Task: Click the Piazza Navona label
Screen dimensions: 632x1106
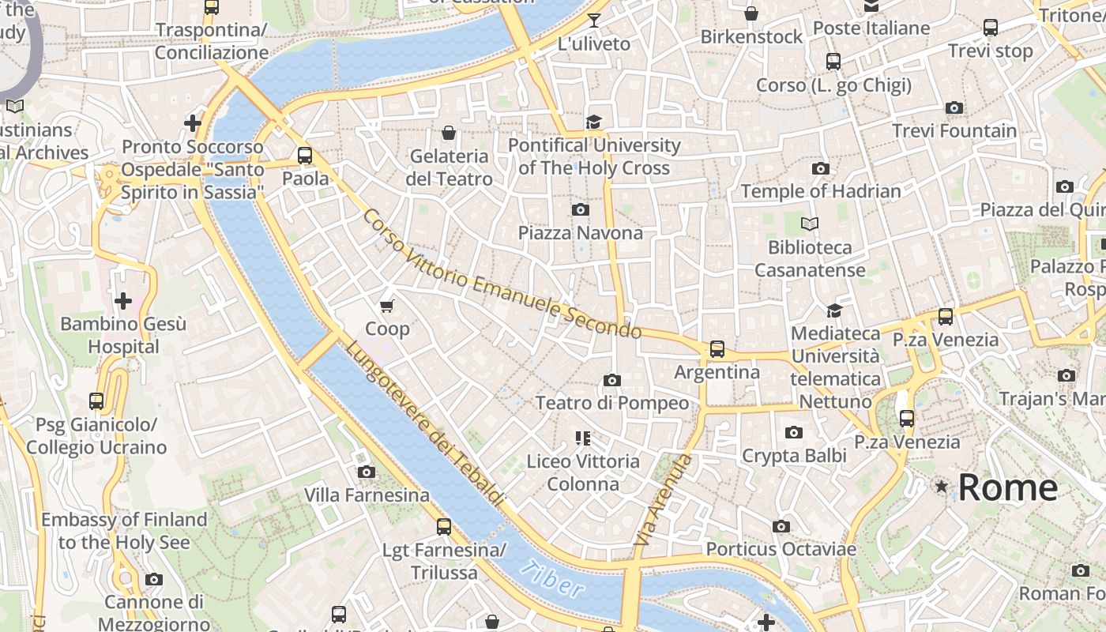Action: pos(580,233)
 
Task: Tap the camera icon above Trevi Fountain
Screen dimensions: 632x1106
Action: pos(954,107)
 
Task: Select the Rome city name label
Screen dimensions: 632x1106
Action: pos(1007,487)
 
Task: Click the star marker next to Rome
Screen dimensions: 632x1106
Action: pos(941,487)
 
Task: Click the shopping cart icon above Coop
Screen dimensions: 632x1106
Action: pos(387,306)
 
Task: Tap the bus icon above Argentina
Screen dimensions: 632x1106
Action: pos(717,348)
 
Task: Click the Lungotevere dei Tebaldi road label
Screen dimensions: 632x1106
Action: pos(424,423)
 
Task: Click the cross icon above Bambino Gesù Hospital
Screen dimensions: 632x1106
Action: pos(123,301)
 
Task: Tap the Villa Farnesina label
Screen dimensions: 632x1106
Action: pos(367,495)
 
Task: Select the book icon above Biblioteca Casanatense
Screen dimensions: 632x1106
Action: pos(810,224)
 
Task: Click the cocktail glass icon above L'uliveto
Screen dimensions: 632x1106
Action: pos(594,21)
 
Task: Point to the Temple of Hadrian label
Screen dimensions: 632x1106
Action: pos(821,191)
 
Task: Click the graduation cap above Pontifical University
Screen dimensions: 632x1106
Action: pos(593,122)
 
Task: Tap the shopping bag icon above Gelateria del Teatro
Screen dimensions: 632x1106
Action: pos(449,133)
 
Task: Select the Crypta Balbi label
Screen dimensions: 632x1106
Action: pos(794,456)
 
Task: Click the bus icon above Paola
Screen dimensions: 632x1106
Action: pos(305,156)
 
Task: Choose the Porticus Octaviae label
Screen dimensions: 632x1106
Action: pos(781,549)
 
